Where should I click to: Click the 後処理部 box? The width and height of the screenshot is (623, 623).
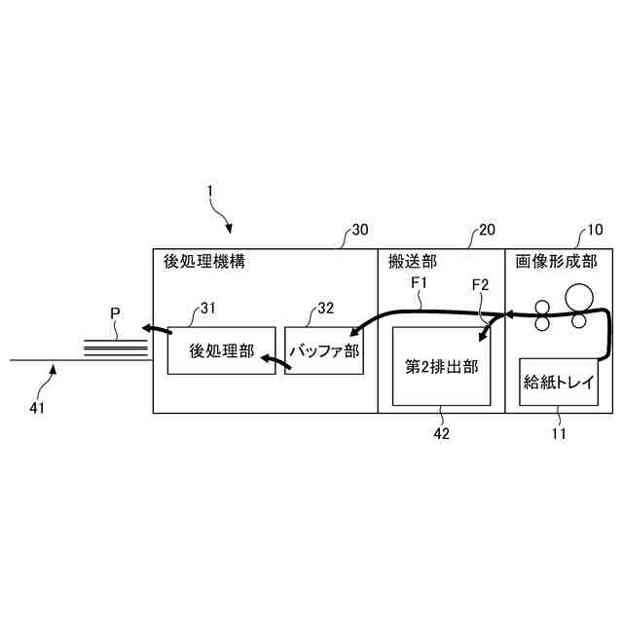tap(221, 350)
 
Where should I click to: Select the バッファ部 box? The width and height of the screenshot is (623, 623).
tap(322, 350)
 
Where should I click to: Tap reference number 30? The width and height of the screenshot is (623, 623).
tap(359, 231)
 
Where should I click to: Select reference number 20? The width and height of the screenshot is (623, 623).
tap(486, 231)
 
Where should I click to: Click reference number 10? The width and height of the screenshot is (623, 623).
tap(594, 231)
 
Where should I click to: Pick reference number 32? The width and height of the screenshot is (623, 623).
tap(325, 309)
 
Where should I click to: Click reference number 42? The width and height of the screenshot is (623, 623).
tap(441, 434)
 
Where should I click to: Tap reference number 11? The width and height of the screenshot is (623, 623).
tap(559, 434)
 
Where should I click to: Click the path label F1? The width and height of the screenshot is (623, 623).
tap(421, 284)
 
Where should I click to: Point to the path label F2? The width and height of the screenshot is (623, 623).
tap(480, 284)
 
